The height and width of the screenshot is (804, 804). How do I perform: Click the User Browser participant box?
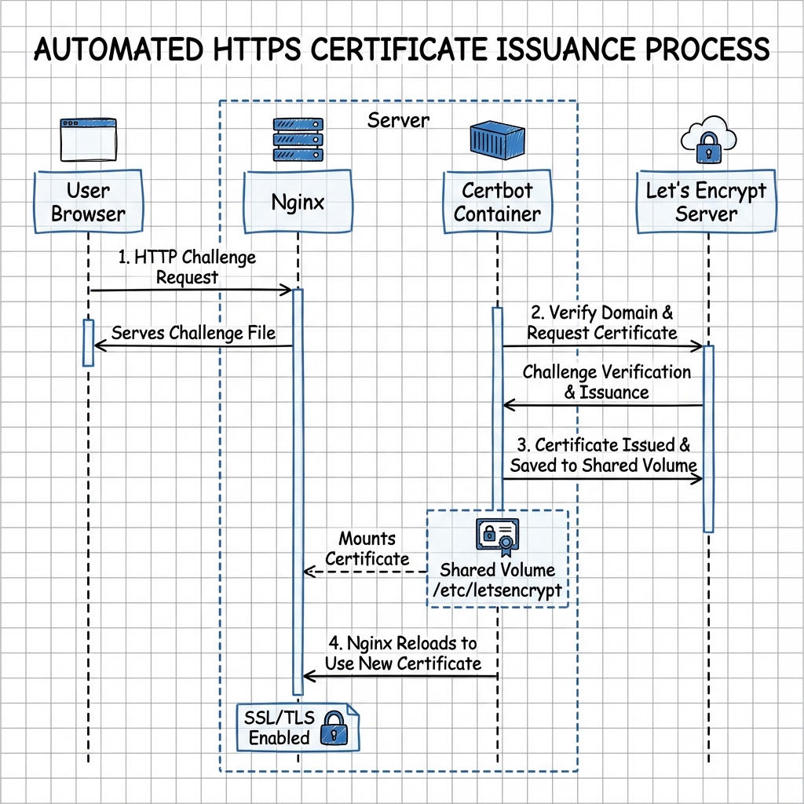pos(88,202)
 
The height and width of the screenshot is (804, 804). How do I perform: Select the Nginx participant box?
pos(298,203)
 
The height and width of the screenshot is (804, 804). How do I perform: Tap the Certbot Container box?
pos(497,202)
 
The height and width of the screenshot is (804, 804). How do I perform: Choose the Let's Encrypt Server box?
pos(706,202)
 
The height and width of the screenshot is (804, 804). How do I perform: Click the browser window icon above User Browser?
pos(88,141)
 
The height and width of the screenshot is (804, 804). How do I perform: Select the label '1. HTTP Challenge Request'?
pos(188,267)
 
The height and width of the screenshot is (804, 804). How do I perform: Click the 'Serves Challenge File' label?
pos(193,333)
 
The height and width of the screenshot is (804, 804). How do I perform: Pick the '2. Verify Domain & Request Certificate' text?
pos(601,323)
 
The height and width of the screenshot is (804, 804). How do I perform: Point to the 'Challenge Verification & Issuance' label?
pos(607,382)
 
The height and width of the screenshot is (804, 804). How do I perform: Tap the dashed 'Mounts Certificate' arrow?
pos(364,572)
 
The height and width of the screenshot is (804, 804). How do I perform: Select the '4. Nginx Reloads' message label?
pos(402,653)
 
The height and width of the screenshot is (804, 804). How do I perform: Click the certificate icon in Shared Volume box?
pos(497,537)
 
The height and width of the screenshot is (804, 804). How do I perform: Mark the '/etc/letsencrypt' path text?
pos(497,590)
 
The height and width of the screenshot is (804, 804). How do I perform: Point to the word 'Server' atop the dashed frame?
pos(398,120)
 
